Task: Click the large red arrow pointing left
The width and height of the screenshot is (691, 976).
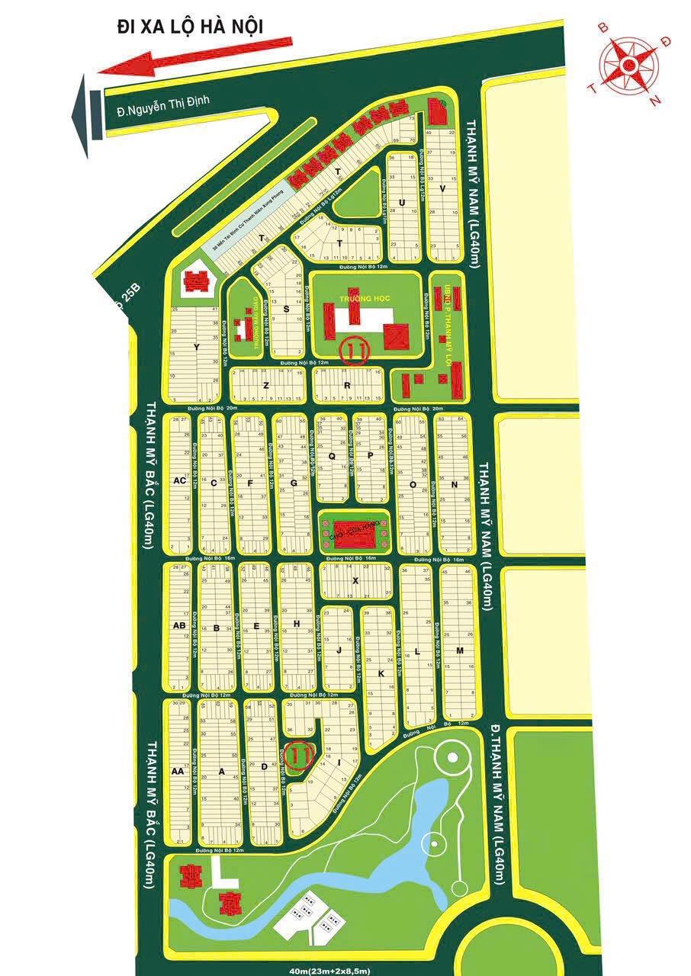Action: tap(194, 56)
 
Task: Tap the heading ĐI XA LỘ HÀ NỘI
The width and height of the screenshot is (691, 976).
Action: tap(190, 27)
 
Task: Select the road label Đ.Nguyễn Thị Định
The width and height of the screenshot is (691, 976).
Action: tap(162, 101)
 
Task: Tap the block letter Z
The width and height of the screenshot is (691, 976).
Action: tap(266, 386)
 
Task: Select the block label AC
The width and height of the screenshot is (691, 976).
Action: tap(180, 480)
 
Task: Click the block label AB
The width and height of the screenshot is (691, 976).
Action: tap(180, 626)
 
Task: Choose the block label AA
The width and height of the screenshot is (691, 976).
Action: tap(178, 772)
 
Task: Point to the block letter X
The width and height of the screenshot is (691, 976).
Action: tap(355, 580)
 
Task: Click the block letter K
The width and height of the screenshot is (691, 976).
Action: tap(379, 675)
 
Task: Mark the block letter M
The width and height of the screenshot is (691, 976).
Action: tap(460, 650)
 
